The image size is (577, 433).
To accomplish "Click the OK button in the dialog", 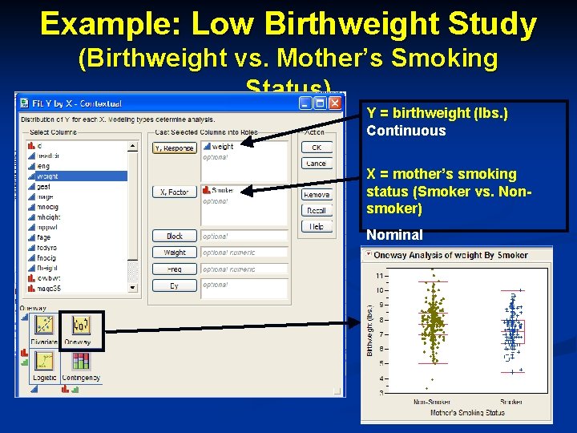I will click(x=317, y=148).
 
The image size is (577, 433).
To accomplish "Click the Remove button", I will click(x=317, y=195).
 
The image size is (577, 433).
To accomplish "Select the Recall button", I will click(x=317, y=210).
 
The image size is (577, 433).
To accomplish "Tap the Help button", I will click(x=317, y=226).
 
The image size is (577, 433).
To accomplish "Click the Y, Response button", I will click(x=175, y=148).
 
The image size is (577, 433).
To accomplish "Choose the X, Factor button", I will click(x=175, y=192).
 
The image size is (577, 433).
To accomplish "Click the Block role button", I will click(x=175, y=237).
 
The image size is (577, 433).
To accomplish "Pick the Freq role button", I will click(x=175, y=269).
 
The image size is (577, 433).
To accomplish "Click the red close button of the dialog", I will click(x=334, y=103).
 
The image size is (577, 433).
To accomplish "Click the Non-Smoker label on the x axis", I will click(x=431, y=402).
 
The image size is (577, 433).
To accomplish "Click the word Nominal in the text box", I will click(x=394, y=235).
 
